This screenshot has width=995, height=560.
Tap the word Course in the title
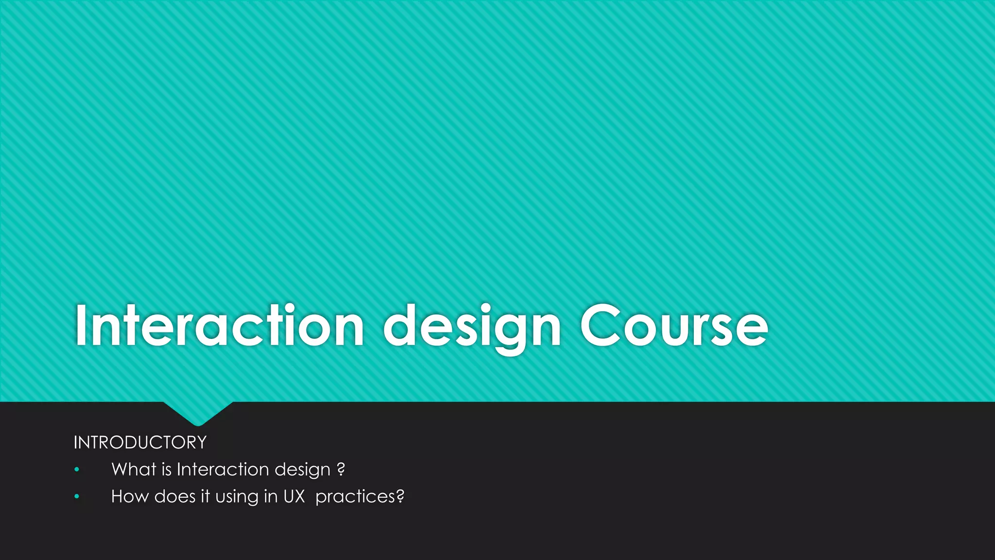[674, 326]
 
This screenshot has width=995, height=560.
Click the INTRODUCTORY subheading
[140, 443]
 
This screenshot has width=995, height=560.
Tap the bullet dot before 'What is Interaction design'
[76, 470]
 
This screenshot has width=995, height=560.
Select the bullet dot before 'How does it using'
[76, 497]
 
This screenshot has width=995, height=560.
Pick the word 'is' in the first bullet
[166, 470]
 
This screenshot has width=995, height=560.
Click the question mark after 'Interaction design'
[341, 470]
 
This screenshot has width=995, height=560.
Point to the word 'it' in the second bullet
[206, 496]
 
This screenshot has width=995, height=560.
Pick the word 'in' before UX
[270, 496]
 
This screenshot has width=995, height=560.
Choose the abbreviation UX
[294, 496]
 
